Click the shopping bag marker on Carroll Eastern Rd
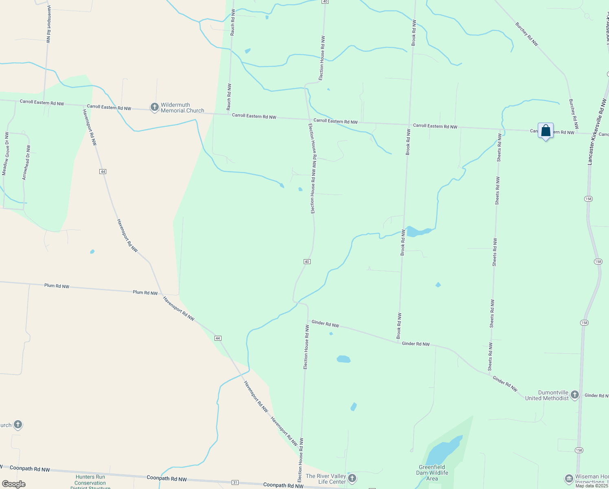click(x=545, y=131)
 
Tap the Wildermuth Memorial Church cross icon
click(x=154, y=107)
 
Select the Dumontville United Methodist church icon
click(x=574, y=394)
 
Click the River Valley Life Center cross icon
click(x=352, y=478)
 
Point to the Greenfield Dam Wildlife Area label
click(x=432, y=473)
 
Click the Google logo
click(x=13, y=484)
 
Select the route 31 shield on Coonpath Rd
click(x=235, y=482)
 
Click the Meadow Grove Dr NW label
click(x=5, y=153)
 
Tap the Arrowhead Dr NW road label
click(x=26, y=162)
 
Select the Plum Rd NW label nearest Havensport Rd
click(x=145, y=293)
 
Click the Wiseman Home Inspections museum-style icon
click(x=569, y=478)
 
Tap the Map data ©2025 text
click(x=591, y=486)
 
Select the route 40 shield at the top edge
click(x=324, y=2)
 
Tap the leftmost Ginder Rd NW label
click(x=325, y=324)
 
